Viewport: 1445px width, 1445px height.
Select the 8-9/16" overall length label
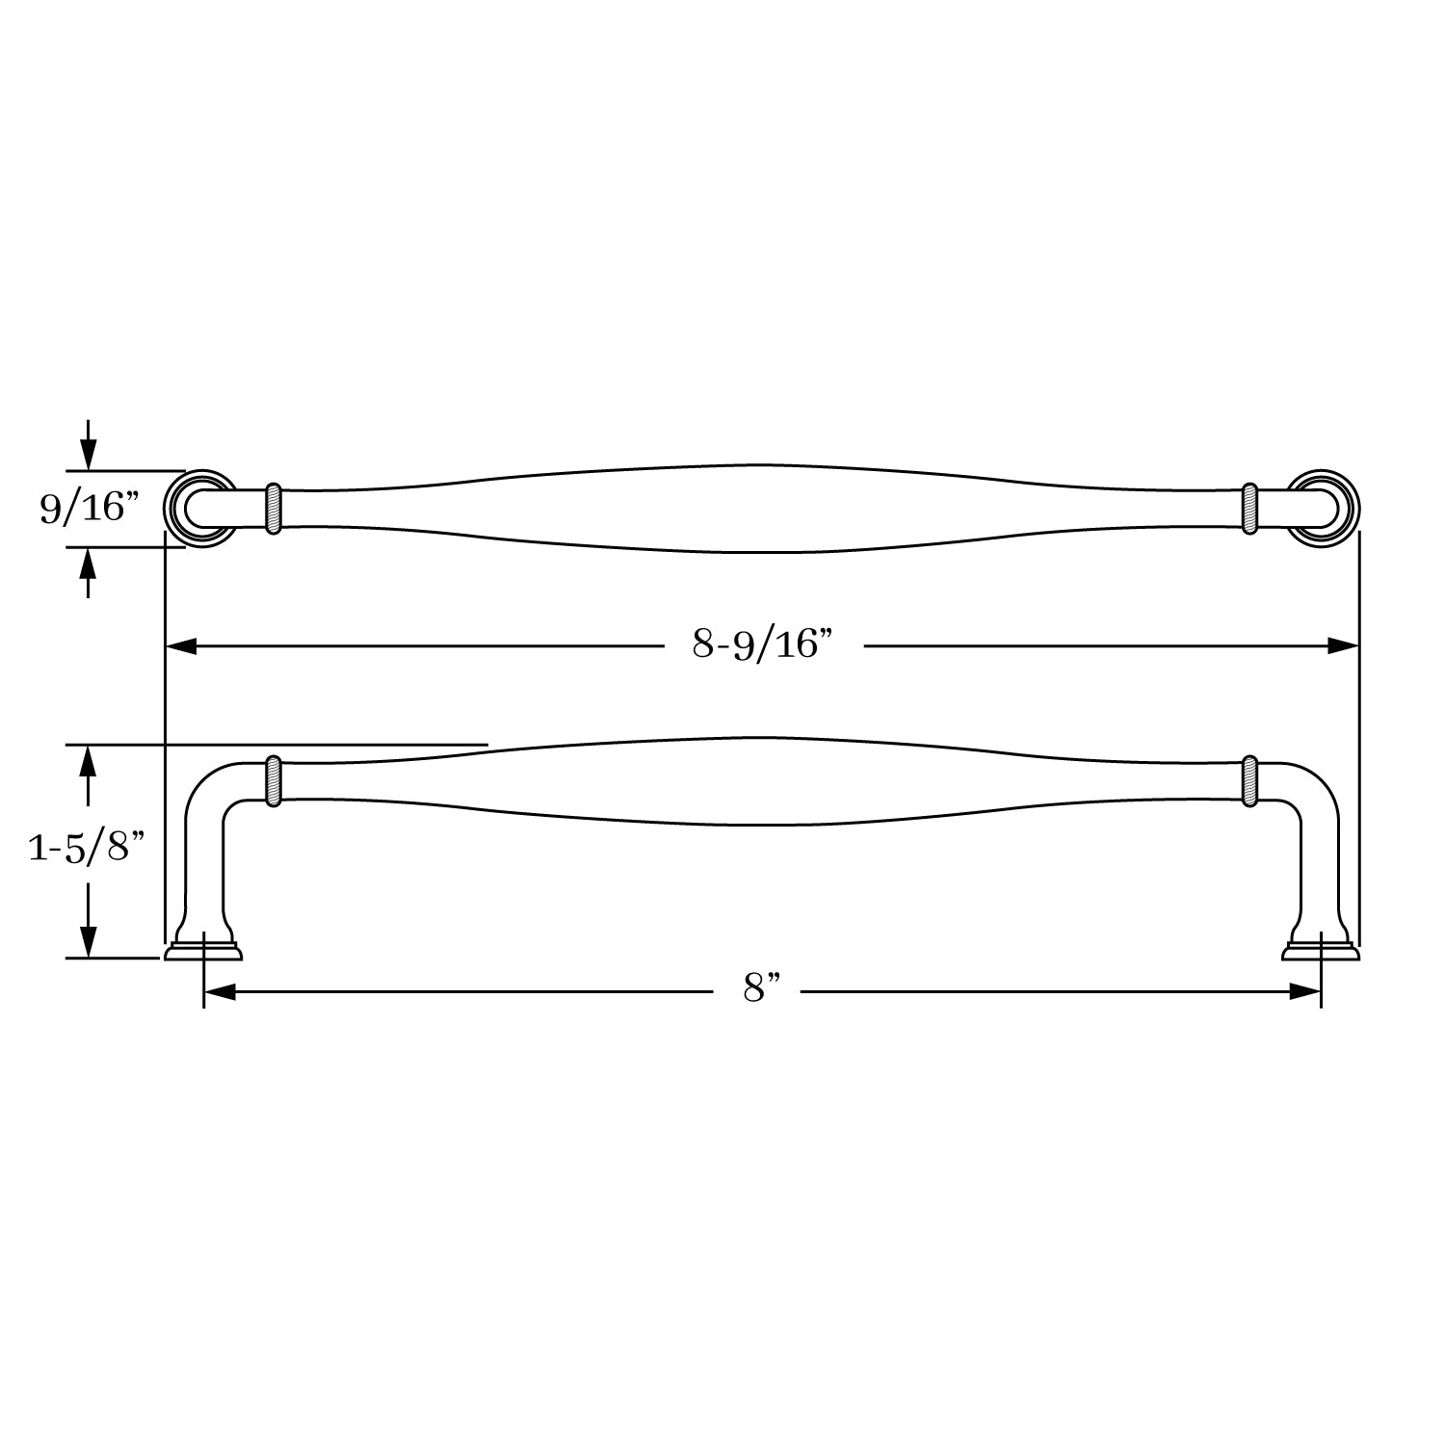(761, 644)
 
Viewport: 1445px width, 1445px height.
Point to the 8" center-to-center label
(760, 988)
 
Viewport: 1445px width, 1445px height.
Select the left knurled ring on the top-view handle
(273, 508)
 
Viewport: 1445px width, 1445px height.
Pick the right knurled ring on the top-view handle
(1250, 508)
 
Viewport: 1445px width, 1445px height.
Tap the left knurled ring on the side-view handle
(273, 780)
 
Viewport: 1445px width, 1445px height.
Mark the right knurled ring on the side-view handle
(1250, 780)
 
